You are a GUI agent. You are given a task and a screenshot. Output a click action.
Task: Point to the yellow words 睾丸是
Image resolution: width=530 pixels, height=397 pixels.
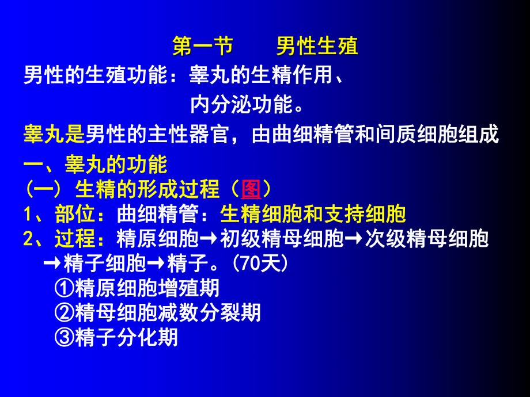(54, 135)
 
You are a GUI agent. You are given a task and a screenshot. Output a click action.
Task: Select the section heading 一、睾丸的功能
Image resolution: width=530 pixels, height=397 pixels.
(95, 166)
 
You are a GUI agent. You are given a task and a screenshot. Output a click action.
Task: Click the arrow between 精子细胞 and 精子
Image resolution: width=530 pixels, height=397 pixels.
(157, 264)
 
